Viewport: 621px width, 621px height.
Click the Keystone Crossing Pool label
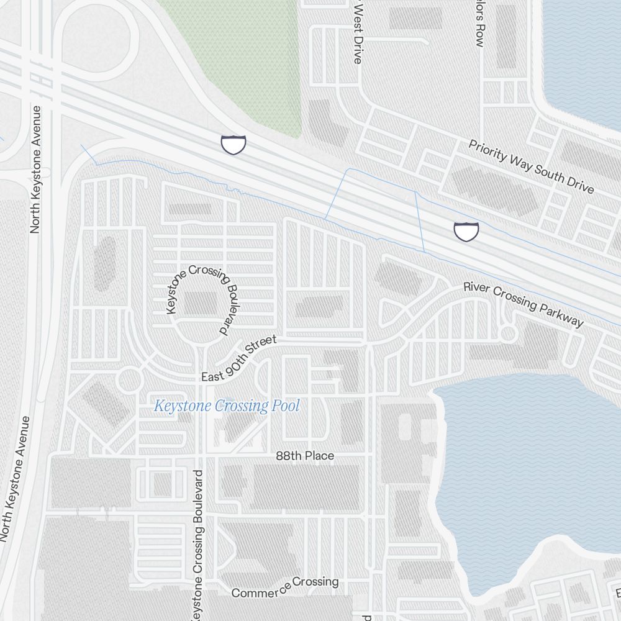(x=227, y=407)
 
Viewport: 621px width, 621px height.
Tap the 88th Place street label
(x=305, y=456)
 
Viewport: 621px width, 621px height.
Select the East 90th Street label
(x=238, y=359)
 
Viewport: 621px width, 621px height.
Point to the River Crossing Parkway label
(x=524, y=304)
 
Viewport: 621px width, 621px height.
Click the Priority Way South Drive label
(x=531, y=166)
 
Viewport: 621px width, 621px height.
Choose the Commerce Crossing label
(x=285, y=587)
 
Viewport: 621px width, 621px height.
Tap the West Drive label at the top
(x=357, y=32)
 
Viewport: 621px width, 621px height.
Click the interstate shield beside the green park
(x=233, y=144)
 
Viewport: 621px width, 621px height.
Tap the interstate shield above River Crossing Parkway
(x=466, y=231)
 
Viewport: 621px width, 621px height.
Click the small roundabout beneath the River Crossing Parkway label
(x=509, y=333)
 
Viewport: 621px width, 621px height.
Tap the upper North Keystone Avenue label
(x=35, y=169)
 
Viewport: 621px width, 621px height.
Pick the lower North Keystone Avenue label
(x=17, y=478)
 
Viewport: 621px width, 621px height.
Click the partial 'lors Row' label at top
(x=479, y=25)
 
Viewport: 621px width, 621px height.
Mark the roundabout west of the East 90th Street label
(x=129, y=379)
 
